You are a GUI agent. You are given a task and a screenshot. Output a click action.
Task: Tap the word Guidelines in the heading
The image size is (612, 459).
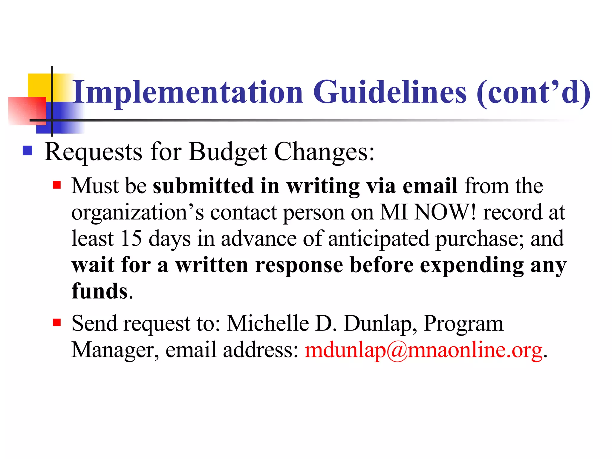(x=390, y=92)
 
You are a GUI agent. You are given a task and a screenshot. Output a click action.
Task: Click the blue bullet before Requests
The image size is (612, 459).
(x=27, y=151)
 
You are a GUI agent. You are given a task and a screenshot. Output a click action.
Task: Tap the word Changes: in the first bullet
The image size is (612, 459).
(x=324, y=152)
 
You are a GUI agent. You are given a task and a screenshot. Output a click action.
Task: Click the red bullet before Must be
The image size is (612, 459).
(x=57, y=185)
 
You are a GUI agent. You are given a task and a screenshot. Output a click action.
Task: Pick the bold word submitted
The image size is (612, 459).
(x=203, y=186)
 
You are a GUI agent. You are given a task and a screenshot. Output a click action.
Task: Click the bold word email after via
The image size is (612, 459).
(x=430, y=186)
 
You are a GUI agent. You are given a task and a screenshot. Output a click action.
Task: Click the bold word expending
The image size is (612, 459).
(x=472, y=265)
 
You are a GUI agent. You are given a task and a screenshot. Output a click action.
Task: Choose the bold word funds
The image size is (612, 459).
(x=100, y=291)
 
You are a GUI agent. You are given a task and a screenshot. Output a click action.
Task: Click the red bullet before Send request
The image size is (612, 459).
(x=57, y=323)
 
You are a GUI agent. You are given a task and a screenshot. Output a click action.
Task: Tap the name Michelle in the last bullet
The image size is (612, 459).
(x=268, y=323)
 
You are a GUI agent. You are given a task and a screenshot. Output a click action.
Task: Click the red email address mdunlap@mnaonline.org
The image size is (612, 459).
(x=423, y=350)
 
